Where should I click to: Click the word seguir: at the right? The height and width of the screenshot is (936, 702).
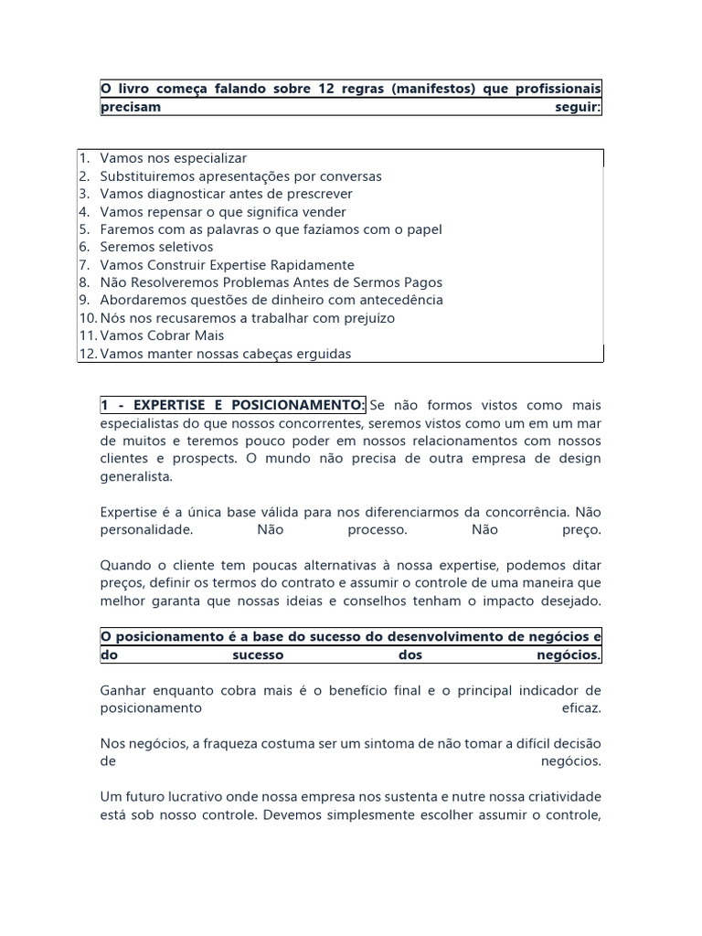pos(579,106)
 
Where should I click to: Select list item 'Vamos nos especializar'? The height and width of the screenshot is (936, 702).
pos(174,158)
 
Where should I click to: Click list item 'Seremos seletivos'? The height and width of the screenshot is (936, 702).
pos(156,247)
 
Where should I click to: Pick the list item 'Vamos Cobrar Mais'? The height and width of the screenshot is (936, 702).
pos(162,335)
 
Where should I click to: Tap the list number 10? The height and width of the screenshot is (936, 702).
pos(87,318)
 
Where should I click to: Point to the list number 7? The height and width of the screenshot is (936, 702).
pos(83,265)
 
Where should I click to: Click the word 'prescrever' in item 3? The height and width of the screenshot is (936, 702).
pos(319,194)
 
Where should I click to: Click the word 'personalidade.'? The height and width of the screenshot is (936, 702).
pos(146,529)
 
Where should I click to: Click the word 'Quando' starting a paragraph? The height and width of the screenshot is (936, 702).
pos(123,565)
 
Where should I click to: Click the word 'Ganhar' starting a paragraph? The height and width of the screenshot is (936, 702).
pos(122,689)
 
